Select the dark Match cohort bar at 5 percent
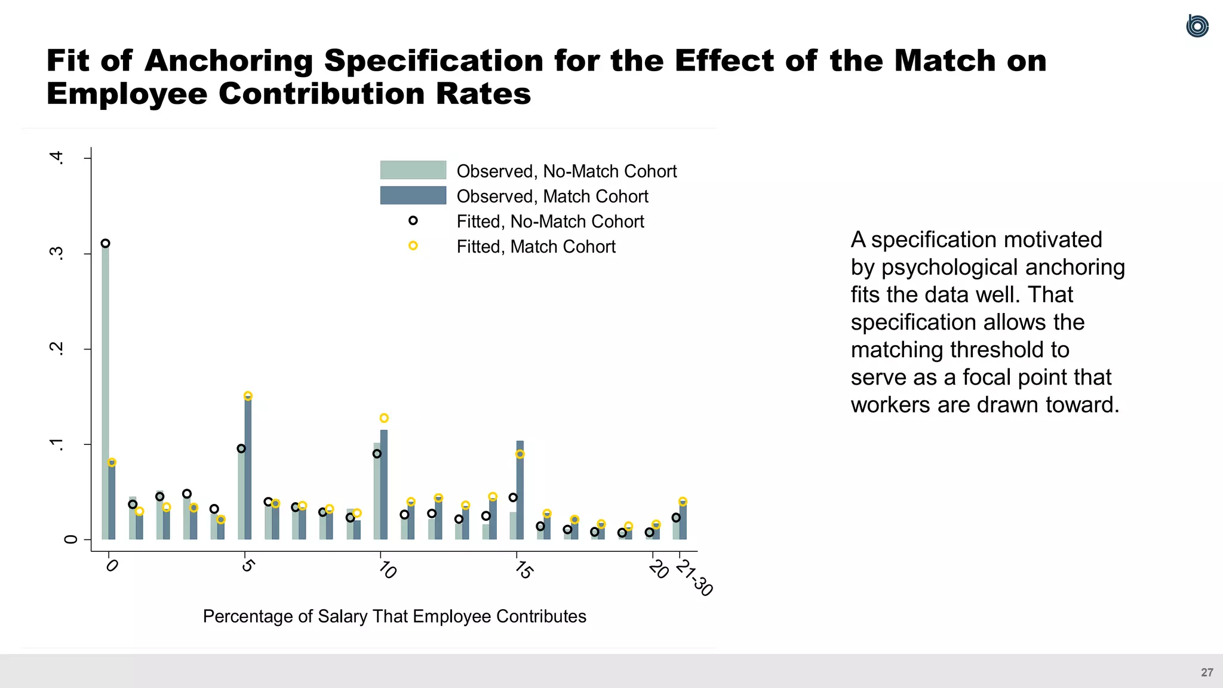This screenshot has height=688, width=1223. [248, 469]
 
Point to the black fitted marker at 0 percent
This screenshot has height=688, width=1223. [105, 243]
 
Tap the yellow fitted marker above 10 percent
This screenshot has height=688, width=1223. [384, 418]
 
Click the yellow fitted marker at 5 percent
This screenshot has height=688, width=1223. [248, 396]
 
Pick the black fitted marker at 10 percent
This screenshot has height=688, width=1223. [377, 454]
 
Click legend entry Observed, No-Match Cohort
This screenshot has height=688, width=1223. [566, 171]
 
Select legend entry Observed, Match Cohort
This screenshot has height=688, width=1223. [552, 196]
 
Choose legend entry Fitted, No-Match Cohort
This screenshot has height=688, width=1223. [549, 222]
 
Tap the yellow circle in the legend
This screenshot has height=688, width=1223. [413, 246]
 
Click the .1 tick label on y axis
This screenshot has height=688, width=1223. [56, 444]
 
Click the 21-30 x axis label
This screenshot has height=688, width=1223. [694, 578]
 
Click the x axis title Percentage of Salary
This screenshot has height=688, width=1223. [394, 616]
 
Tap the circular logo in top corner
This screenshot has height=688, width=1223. [1197, 26]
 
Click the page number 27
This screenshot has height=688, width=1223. [1207, 672]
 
